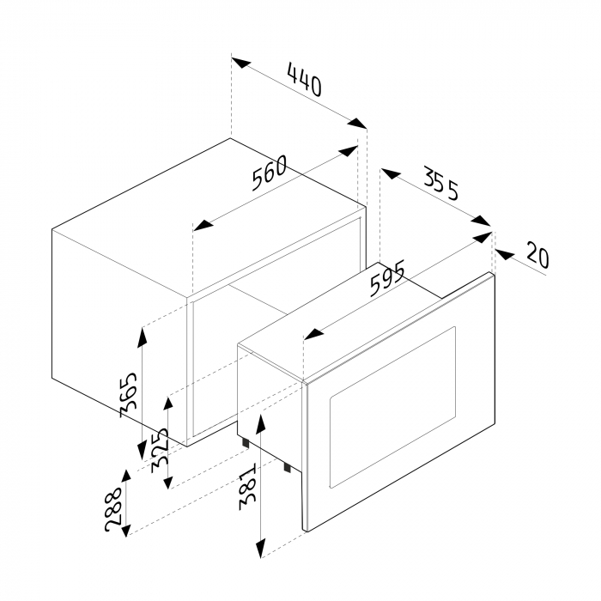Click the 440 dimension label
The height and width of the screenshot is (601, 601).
tap(305, 81)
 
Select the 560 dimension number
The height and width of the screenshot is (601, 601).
tap(270, 173)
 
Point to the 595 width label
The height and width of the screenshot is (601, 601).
tap(387, 278)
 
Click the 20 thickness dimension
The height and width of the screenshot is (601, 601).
tap(537, 254)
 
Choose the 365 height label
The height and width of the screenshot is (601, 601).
tap(129, 394)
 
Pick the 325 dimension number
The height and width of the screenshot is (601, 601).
tap(161, 450)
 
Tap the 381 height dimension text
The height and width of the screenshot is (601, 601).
tap(247, 488)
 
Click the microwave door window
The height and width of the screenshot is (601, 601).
tap(393, 407)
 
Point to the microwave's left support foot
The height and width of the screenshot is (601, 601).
tap(246, 443)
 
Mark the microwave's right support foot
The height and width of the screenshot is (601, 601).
tap(287, 467)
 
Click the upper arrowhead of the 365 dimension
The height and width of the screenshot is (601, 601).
tap(143, 337)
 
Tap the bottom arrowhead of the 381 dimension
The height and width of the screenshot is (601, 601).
tap(261, 548)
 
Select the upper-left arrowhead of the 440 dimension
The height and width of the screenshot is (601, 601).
tap(241, 63)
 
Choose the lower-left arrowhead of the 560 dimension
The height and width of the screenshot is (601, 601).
tap(203, 226)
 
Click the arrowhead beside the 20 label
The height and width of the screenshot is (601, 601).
tap(505, 254)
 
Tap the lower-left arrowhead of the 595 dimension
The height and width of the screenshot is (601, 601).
tap(314, 334)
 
